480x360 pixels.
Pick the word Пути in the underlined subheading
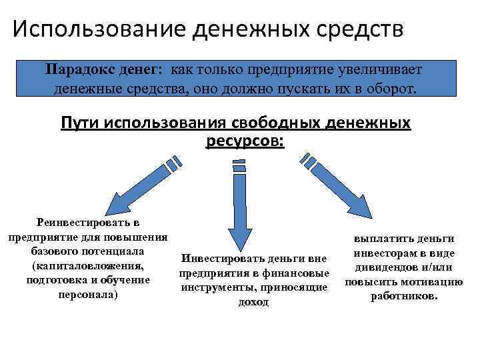click(77, 124)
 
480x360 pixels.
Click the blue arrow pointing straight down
click(239, 207)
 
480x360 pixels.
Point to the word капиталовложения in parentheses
click(87, 265)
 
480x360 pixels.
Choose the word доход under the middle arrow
click(253, 301)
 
